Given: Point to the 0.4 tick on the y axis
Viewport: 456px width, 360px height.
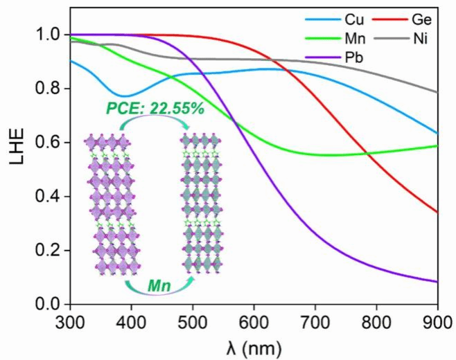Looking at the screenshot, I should tap(54, 197).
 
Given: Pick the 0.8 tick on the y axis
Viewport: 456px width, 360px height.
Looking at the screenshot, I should tap(54, 89).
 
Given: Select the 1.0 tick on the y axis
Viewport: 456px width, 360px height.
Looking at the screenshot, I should tap(54, 35).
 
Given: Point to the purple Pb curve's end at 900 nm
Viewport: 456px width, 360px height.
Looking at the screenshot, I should tap(437, 281).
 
